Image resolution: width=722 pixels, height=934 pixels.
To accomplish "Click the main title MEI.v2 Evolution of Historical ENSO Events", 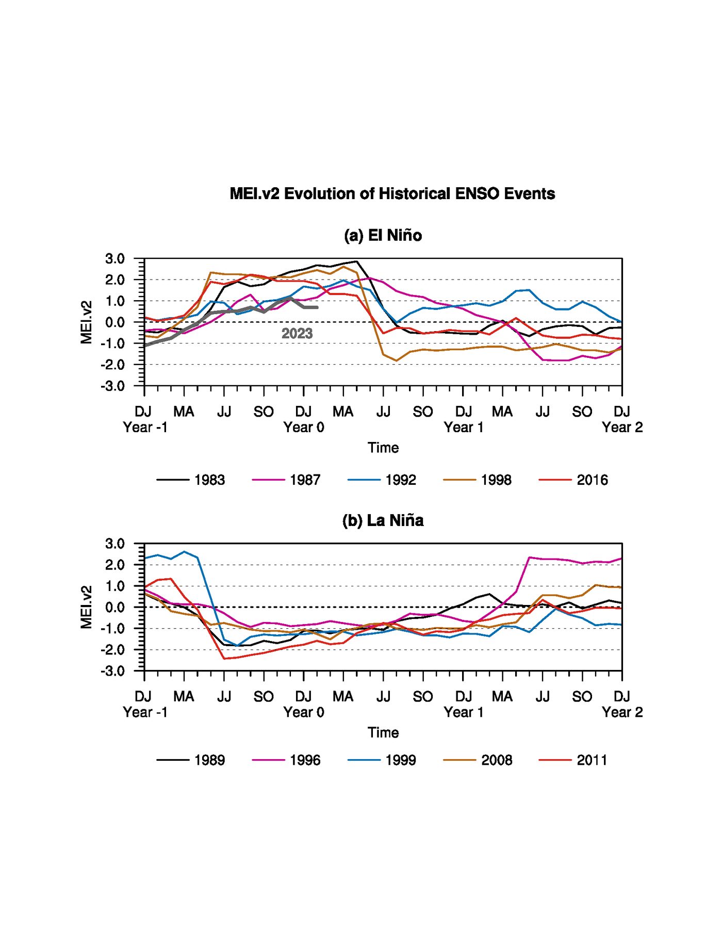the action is (x=392, y=194).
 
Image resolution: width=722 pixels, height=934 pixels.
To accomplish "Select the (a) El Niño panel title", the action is (x=383, y=236).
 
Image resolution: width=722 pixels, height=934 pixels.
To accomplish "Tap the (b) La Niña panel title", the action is (x=383, y=520).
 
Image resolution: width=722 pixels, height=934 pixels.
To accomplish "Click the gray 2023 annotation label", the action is (x=297, y=334).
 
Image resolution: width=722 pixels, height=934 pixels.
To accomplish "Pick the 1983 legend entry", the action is (x=191, y=480).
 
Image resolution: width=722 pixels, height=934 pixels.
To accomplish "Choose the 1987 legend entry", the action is (x=286, y=480).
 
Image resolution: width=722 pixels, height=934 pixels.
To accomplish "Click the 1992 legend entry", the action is (x=382, y=480).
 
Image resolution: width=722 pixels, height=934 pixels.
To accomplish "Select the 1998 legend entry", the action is (x=478, y=480).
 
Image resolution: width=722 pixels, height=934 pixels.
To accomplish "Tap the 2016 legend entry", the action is (x=573, y=480).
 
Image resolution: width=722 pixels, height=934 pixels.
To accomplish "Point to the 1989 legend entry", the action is (x=191, y=760).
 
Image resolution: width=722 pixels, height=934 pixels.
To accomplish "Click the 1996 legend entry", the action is (x=286, y=760).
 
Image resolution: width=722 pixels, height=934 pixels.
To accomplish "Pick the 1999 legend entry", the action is (x=382, y=760).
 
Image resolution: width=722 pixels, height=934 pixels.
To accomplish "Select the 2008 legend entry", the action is (x=478, y=760).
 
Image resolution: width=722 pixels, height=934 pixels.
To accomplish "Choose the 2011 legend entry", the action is (x=573, y=760).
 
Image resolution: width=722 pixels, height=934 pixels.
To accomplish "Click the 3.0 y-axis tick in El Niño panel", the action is (x=115, y=259).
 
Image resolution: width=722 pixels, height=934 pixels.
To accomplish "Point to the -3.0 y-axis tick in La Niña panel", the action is (x=112, y=671).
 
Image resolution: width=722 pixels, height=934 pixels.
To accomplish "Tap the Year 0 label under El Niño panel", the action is (x=304, y=428).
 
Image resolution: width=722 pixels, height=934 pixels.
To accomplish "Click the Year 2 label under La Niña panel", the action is (x=622, y=712).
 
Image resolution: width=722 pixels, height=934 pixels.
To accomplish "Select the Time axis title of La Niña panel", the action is (x=383, y=733).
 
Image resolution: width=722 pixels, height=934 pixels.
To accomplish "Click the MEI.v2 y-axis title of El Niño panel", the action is (x=87, y=322).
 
